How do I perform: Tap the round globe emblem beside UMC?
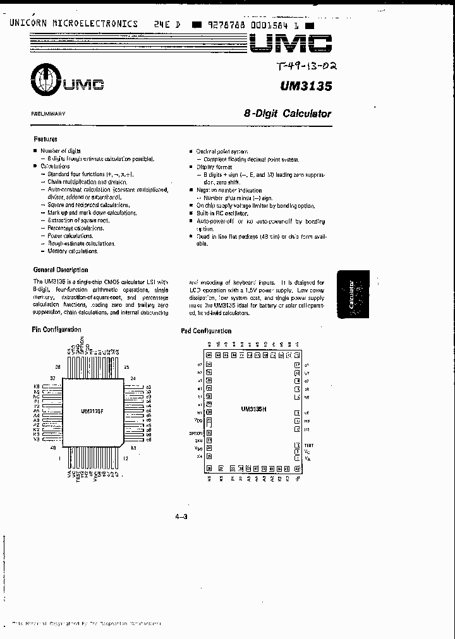click(x=44, y=80)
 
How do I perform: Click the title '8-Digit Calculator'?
click(x=288, y=114)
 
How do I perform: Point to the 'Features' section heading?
click(x=45, y=139)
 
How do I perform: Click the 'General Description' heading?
click(x=60, y=270)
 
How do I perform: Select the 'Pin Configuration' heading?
click(x=56, y=330)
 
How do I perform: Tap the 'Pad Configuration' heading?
click(x=206, y=331)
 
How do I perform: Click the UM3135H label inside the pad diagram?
click(x=255, y=409)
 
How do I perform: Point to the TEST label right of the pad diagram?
click(x=308, y=446)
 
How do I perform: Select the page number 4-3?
click(x=181, y=517)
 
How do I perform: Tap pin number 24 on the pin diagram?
click(x=133, y=379)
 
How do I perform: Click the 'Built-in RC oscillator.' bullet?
click(x=224, y=213)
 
